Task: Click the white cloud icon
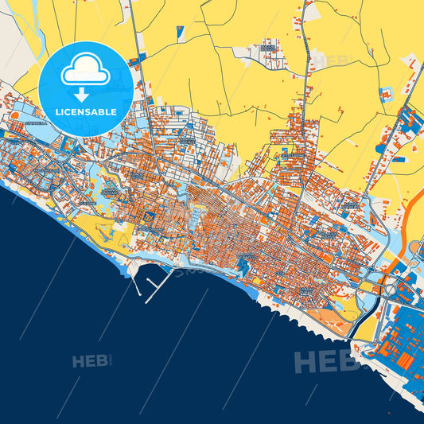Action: tap(84, 72)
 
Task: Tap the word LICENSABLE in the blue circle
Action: tap(84, 112)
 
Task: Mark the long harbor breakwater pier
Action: tap(160, 286)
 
